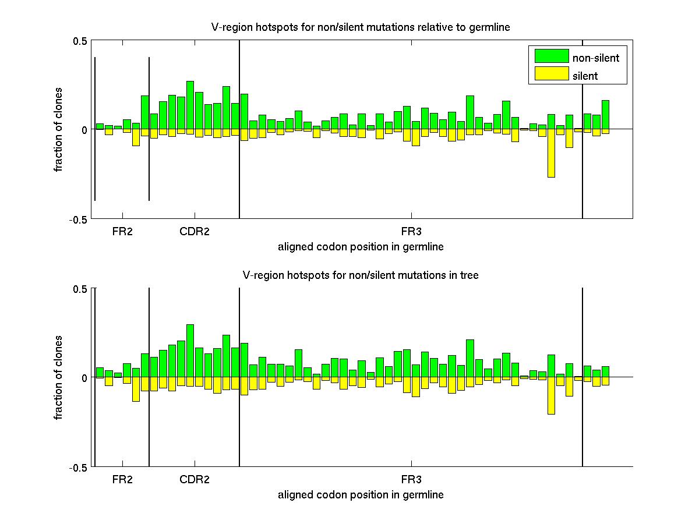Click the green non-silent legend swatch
click(x=551, y=56)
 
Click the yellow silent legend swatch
click(x=551, y=74)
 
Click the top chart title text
click(x=361, y=27)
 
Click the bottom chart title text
click(x=361, y=275)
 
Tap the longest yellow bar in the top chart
click(x=551, y=153)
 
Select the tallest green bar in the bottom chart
click(x=190, y=350)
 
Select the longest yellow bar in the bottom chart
click(x=551, y=395)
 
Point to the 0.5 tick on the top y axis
click(x=80, y=41)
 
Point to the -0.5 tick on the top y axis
click(x=78, y=219)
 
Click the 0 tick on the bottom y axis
click(x=83, y=378)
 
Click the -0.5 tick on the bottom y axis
click(x=78, y=468)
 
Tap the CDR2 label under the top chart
click(x=195, y=232)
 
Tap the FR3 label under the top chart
click(x=411, y=232)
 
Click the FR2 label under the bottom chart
click(x=122, y=480)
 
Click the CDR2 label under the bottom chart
click(x=195, y=480)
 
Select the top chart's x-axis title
click(x=361, y=247)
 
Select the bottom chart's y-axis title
click(x=59, y=378)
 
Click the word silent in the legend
click(x=585, y=76)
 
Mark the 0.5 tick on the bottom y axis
click(x=80, y=289)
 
